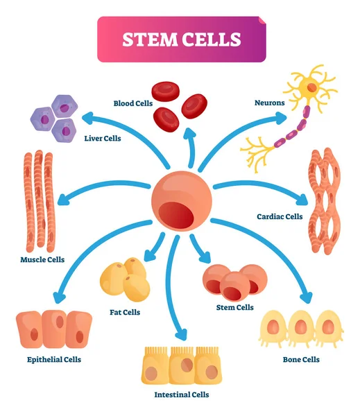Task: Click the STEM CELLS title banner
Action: [182, 39]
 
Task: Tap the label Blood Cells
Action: [133, 103]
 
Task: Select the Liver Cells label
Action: [103, 138]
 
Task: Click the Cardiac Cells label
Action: [279, 216]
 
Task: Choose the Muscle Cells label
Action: [42, 259]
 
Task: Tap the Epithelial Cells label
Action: [54, 359]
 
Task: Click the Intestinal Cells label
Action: [182, 395]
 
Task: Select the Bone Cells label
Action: [301, 359]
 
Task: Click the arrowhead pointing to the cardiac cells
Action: [302, 201]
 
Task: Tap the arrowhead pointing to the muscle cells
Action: [62, 200]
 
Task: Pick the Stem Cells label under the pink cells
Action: [236, 307]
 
